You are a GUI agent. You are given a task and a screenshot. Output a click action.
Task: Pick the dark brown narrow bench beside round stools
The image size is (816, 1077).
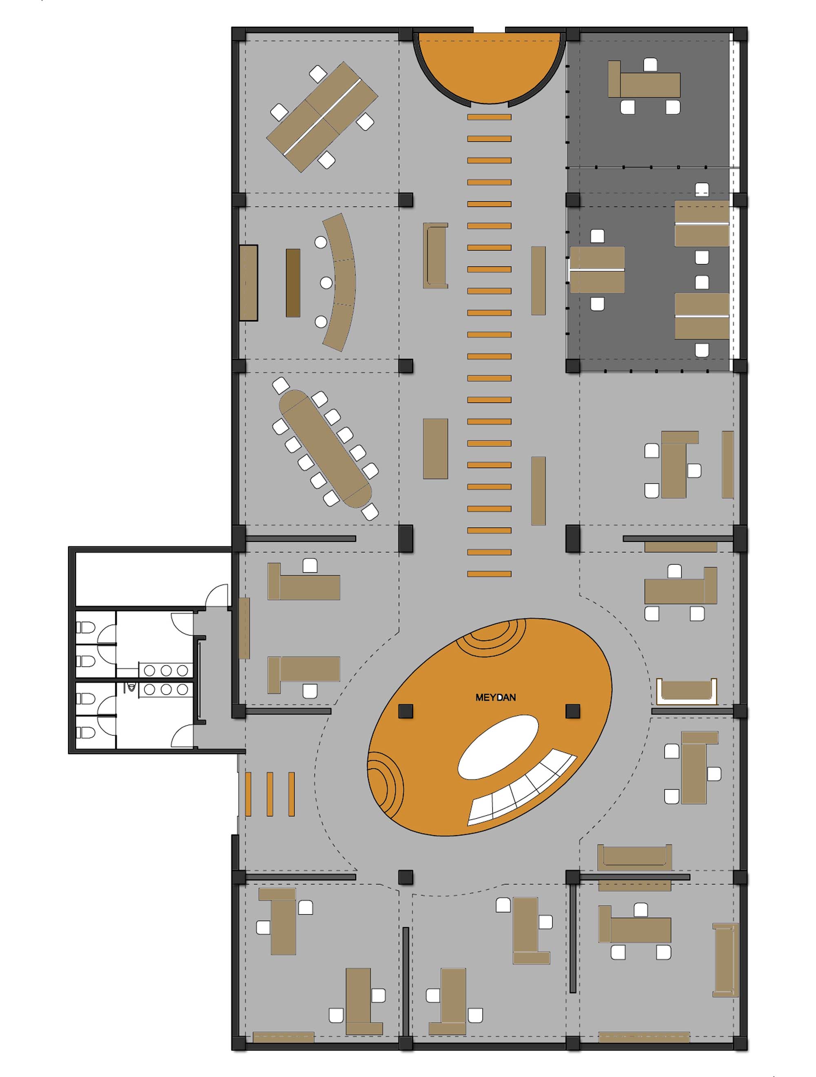(293, 283)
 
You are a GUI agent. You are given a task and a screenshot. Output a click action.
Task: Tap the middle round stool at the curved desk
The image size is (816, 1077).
(326, 283)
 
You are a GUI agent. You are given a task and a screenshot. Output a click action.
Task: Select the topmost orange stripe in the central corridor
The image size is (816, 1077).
(489, 117)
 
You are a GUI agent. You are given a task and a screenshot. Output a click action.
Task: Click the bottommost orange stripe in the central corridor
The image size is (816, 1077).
(489, 574)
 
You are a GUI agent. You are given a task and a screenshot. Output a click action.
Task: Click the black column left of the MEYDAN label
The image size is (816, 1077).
(405, 711)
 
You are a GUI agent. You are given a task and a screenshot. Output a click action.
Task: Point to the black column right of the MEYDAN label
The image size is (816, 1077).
(573, 711)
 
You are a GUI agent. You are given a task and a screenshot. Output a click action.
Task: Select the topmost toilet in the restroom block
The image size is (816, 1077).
(86, 628)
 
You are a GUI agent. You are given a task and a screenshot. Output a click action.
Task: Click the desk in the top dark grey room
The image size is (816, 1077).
(650, 85)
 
